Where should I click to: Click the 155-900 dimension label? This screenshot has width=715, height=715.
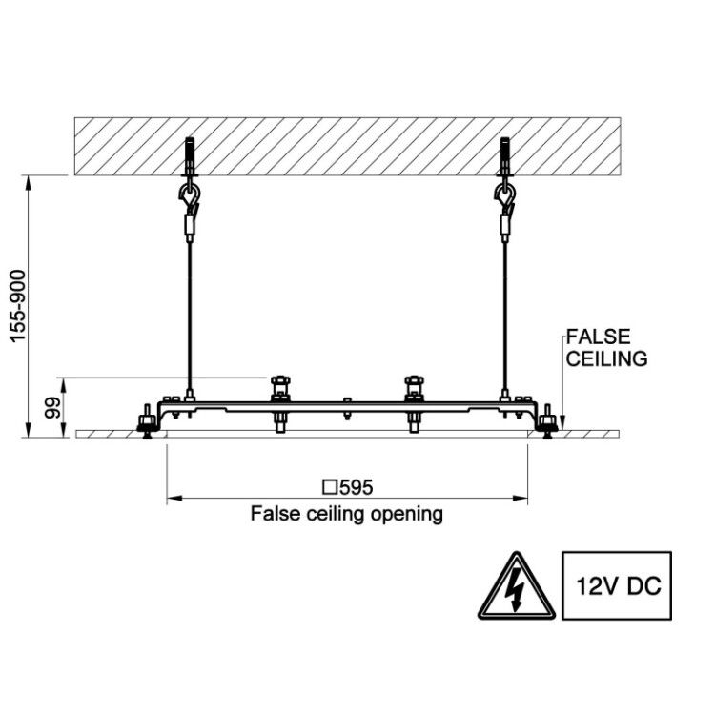[18, 306]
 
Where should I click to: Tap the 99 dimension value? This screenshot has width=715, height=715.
[52, 408]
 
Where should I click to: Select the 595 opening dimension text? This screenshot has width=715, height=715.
[357, 487]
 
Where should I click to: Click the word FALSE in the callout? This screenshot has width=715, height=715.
[598, 337]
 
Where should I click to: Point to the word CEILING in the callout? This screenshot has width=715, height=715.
[606, 358]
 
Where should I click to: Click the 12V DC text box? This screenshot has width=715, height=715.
[617, 585]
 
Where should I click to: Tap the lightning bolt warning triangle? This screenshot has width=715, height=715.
[517, 588]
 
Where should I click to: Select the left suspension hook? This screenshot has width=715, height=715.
[189, 195]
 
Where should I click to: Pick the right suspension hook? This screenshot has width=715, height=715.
[504, 195]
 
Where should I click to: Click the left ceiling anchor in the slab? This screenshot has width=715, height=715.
[190, 156]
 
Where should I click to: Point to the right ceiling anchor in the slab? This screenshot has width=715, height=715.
[504, 156]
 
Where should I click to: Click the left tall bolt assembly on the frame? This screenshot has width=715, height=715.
[280, 403]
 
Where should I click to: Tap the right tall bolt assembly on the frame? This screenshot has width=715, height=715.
[414, 403]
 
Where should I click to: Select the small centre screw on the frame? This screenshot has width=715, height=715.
[347, 408]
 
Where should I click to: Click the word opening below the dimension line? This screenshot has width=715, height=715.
[407, 515]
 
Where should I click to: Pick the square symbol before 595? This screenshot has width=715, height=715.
[329, 487]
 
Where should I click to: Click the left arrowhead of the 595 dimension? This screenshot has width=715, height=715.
[174, 498]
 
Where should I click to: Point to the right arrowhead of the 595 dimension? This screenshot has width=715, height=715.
[521, 498]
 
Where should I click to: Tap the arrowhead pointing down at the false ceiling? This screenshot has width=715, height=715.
[562, 422]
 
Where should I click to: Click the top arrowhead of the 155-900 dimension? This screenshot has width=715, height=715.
[29, 183]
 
